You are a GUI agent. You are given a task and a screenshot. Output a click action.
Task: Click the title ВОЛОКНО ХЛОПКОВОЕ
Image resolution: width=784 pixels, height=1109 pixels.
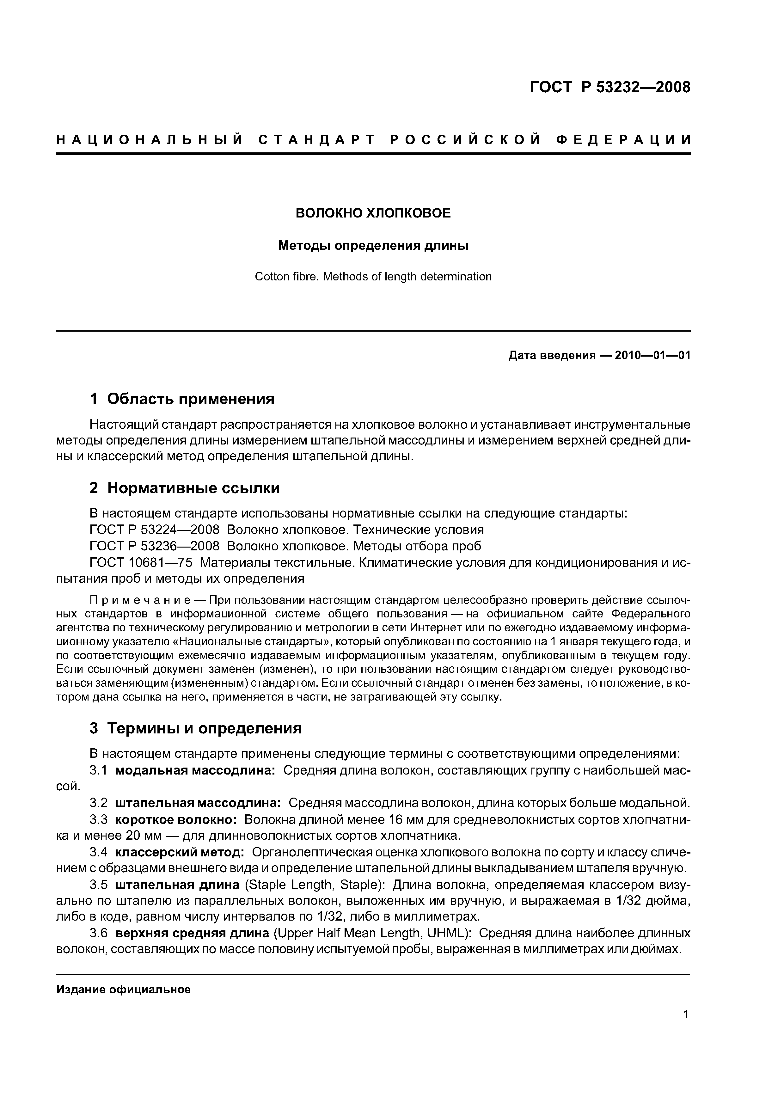coord(373,213)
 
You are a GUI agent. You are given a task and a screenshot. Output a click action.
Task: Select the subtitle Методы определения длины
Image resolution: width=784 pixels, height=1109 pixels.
coord(373,245)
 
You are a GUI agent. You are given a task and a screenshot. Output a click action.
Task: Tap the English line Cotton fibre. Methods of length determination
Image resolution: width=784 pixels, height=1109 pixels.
coord(373,277)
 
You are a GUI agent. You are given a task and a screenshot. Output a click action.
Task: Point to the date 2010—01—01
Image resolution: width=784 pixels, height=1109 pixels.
coord(652,356)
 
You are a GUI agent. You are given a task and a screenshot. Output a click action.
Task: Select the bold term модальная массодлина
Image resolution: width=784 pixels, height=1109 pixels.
coord(195,770)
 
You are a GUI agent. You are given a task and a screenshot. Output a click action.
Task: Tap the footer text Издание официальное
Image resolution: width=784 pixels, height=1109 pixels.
coord(124,989)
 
